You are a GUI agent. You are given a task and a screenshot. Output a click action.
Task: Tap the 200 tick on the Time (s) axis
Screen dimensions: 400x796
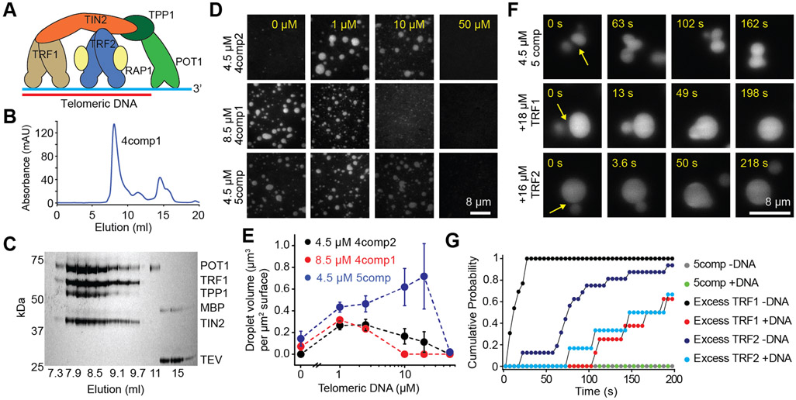[x=673, y=378]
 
